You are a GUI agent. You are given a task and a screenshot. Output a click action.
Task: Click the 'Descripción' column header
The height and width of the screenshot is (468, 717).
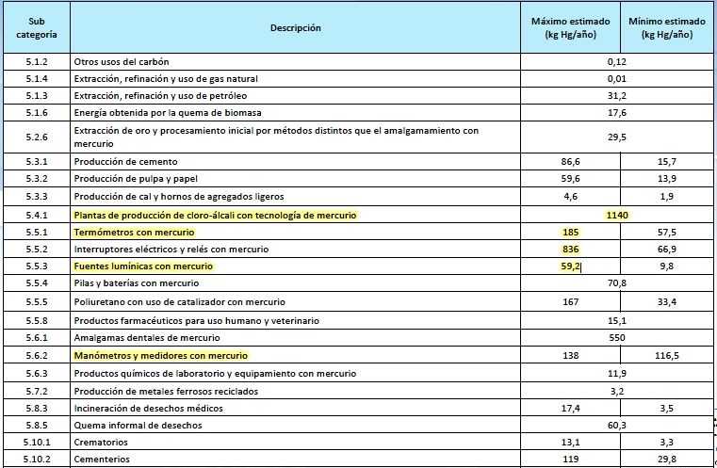pyautogui.click(x=295, y=28)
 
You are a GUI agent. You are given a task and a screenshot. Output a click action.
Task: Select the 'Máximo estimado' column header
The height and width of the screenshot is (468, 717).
pyautogui.click(x=570, y=27)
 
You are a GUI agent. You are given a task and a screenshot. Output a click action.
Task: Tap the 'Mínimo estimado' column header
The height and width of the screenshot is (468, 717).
pyautogui.click(x=666, y=27)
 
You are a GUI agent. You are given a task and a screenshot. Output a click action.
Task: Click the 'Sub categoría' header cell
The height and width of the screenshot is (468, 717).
pyautogui.click(x=37, y=27)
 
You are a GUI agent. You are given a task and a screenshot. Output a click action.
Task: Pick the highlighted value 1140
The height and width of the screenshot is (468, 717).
pyautogui.click(x=617, y=216)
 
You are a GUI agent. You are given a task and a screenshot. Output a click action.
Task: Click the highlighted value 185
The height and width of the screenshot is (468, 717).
pyautogui.click(x=570, y=233)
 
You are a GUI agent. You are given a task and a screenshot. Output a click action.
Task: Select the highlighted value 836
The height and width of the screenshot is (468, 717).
pyautogui.click(x=570, y=250)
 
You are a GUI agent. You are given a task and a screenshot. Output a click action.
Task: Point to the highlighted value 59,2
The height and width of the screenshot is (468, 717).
pyautogui.click(x=570, y=266)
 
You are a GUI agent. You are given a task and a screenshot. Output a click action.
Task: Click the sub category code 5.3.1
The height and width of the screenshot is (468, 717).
pyautogui.click(x=37, y=162)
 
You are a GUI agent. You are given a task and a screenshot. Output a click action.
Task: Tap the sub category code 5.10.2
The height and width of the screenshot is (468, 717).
pyautogui.click(x=37, y=460)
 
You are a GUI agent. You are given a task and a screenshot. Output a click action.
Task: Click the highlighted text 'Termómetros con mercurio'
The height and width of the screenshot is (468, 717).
pyautogui.click(x=134, y=233)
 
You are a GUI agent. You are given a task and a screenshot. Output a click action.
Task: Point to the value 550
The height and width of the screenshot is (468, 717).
pyautogui.click(x=617, y=337)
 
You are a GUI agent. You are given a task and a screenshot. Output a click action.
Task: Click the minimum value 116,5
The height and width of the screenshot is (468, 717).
pyautogui.click(x=667, y=356)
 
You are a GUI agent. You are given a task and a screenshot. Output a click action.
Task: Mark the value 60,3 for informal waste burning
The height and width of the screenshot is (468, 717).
pyautogui.click(x=617, y=426)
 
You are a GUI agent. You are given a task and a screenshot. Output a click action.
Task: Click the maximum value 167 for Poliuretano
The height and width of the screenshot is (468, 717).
pyautogui.click(x=570, y=302)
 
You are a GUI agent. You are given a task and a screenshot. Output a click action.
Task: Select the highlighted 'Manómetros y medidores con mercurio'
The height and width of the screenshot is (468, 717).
pyautogui.click(x=160, y=356)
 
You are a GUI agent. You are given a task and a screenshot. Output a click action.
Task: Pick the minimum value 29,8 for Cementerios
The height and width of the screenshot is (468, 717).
pyautogui.click(x=667, y=460)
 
